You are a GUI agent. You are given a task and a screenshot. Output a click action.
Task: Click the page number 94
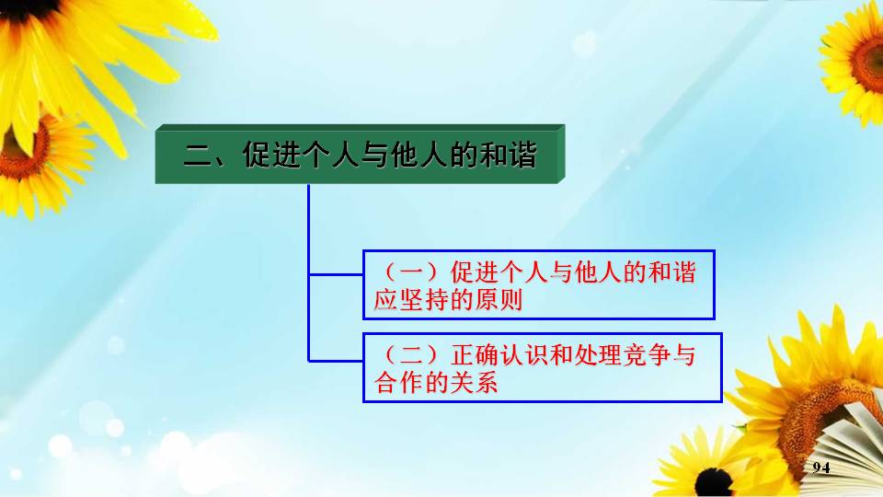(x=821, y=468)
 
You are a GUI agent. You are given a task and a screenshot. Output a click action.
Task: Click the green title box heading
(x=360, y=154)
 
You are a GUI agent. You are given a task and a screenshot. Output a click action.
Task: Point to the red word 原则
(x=499, y=299)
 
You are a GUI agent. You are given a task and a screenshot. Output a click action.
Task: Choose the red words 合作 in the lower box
(x=399, y=383)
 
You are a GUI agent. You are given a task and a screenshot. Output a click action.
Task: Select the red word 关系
(x=474, y=383)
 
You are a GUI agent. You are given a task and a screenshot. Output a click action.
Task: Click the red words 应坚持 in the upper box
(x=411, y=299)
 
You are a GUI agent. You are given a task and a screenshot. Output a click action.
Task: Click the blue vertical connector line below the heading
(x=309, y=272)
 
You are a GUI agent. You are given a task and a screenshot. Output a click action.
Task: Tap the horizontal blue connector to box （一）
(x=337, y=274)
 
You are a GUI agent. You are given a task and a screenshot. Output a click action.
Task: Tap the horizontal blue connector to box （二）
(x=337, y=361)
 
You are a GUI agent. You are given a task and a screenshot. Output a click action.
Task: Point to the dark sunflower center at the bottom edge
(x=714, y=482)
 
